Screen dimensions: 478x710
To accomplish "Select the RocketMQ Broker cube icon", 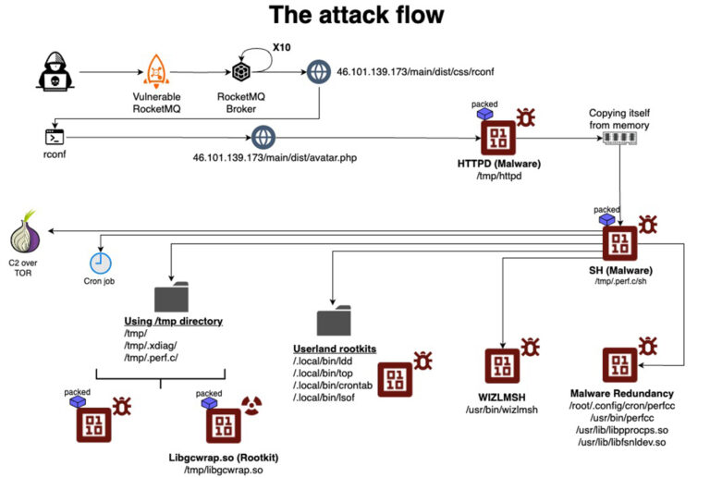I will click(x=243, y=72).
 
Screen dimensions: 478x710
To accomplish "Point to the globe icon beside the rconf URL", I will click(x=319, y=71).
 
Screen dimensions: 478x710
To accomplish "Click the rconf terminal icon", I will click(x=55, y=138).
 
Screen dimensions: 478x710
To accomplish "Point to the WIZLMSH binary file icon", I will click(x=501, y=367).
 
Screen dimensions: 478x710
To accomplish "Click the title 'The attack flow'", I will click(x=356, y=16).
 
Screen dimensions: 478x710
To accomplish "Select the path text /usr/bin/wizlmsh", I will click(x=500, y=410).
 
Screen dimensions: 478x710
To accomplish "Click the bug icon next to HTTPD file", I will click(x=526, y=117).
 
